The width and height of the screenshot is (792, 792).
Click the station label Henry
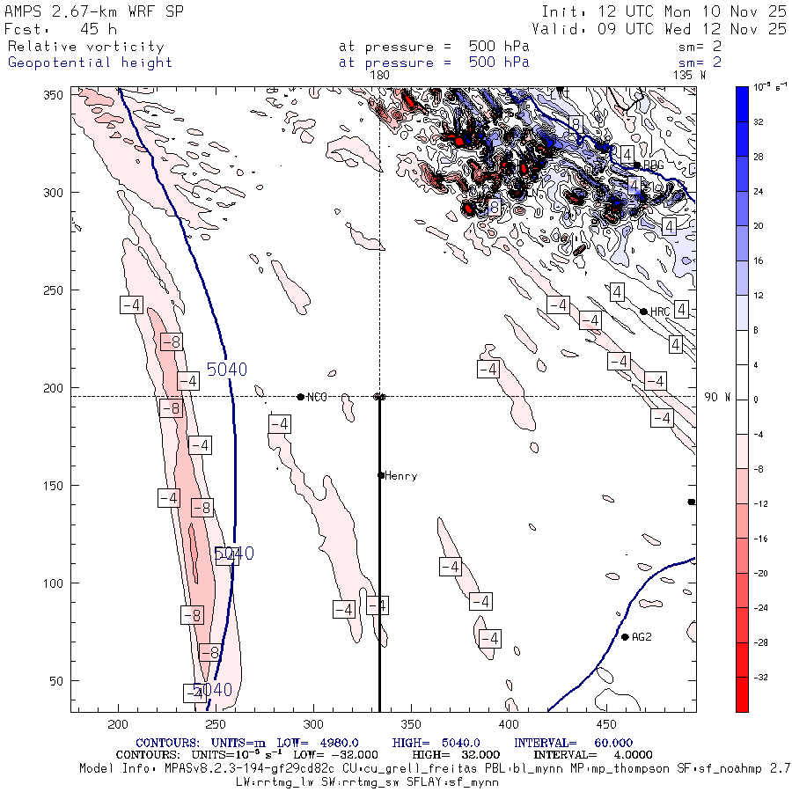coord(401,476)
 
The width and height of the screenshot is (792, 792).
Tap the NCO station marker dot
coord(301,397)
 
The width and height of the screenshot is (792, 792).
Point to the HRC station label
coord(661,312)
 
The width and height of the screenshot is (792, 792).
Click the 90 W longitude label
coord(717,398)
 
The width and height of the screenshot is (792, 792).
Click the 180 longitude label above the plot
coord(380,76)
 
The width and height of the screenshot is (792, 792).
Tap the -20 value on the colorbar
coord(757,573)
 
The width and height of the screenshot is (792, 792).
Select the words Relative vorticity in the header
coord(85,47)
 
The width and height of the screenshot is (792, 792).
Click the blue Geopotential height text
coord(90,62)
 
